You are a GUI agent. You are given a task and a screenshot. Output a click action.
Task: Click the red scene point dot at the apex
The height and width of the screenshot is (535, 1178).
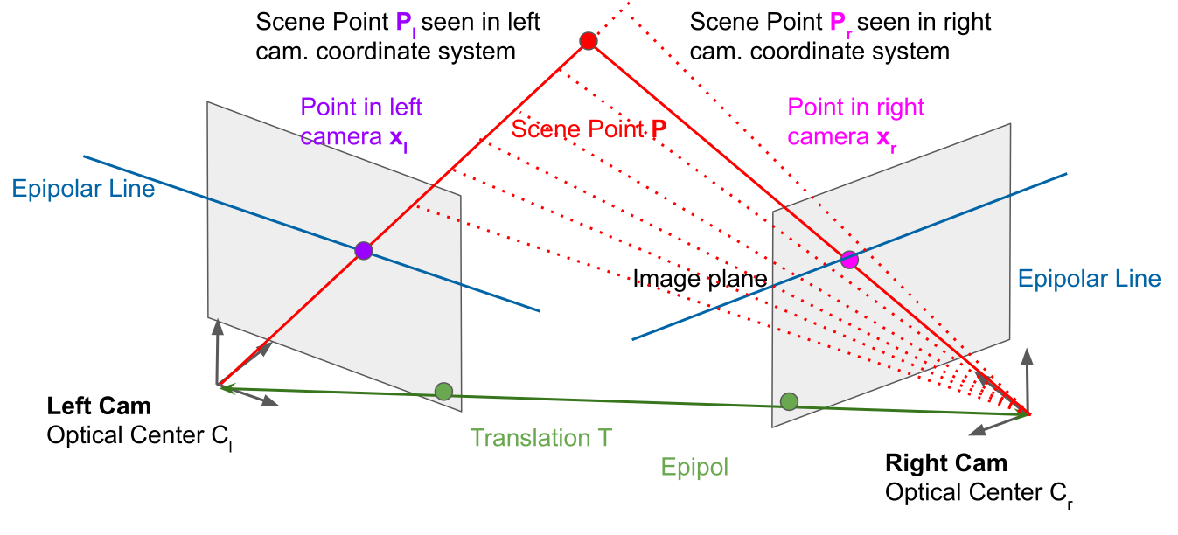click(x=589, y=40)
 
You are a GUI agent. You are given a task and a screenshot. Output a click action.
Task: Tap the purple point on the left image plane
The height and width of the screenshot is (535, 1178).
click(x=364, y=251)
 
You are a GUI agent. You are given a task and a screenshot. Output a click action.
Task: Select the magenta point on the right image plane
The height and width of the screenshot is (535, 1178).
click(x=849, y=259)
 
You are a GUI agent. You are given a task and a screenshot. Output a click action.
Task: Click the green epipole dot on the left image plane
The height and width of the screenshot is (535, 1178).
click(x=444, y=391)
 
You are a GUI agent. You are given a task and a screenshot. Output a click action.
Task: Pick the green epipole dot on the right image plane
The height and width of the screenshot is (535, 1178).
click(x=790, y=401)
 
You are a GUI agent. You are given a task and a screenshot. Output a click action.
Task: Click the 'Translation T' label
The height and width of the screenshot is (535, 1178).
click(x=540, y=438)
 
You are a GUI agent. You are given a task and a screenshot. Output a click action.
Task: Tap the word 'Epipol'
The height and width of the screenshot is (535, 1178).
click(x=695, y=467)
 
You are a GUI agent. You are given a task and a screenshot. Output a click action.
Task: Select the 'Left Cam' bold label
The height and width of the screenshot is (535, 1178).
click(x=99, y=406)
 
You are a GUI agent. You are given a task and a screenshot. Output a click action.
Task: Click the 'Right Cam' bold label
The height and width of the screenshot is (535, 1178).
click(x=946, y=463)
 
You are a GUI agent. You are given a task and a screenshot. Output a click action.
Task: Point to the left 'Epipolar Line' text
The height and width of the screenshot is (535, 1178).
click(x=83, y=188)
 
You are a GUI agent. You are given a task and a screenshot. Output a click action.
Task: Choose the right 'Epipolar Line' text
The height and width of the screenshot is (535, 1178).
click(x=1089, y=279)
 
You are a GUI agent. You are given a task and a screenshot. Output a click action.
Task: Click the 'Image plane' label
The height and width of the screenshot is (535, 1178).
click(x=700, y=279)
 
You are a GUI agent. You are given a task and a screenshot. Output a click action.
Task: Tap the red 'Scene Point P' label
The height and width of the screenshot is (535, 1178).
click(x=589, y=129)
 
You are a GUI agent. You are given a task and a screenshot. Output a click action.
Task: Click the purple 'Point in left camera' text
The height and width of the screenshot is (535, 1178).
click(x=360, y=122)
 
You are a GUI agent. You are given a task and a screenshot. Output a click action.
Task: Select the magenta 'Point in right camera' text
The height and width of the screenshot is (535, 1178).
click(x=855, y=122)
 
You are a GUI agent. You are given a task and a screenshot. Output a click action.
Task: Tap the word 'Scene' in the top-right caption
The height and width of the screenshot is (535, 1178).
click(x=722, y=22)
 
